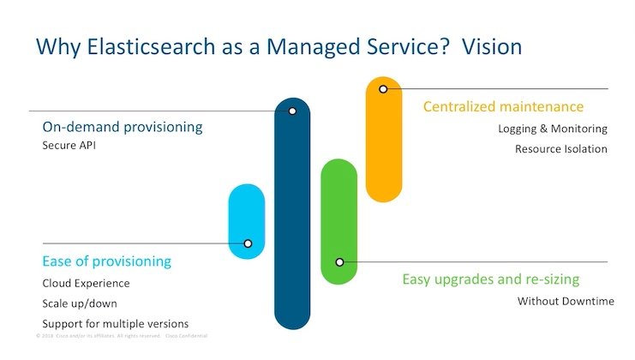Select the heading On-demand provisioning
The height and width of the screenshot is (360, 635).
123,128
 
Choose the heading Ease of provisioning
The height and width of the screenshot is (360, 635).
107,261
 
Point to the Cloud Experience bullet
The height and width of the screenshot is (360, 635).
86,284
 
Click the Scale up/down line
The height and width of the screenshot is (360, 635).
79,303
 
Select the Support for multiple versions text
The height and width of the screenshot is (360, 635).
115,324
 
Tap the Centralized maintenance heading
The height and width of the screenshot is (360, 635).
503,107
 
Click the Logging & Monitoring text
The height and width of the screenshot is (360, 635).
552,129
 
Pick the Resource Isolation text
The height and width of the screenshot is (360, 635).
560,149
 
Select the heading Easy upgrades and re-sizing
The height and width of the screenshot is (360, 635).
491,279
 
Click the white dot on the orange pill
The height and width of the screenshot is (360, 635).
383,89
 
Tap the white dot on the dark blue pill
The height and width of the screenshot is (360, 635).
292,111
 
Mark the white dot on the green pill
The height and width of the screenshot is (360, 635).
339,262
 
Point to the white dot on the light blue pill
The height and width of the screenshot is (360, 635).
248,243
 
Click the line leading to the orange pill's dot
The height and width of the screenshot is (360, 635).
497,89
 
